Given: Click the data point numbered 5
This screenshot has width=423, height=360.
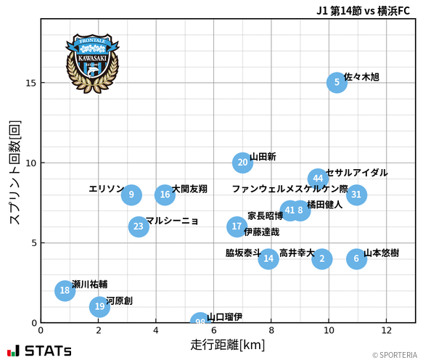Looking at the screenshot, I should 337,83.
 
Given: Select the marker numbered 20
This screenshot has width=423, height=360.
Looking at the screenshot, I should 243,163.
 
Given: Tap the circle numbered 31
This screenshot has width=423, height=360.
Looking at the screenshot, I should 356,195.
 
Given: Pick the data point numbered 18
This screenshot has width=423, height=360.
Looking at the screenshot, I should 65,290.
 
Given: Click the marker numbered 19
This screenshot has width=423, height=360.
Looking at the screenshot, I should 99,306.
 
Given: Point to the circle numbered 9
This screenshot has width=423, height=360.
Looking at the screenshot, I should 131,195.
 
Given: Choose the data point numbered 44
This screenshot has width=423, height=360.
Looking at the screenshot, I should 318,179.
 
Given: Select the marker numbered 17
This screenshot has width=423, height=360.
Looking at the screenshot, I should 237,226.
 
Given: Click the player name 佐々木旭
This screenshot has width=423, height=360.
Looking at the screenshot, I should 361,77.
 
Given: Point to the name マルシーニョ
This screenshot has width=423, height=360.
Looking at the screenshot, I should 172,221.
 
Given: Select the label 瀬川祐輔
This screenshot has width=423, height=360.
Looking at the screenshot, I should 90,285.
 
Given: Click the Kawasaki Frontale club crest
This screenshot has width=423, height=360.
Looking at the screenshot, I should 92,62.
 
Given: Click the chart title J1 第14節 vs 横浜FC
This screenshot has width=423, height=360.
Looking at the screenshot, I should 363,11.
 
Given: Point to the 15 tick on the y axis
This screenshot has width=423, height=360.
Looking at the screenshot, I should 31,83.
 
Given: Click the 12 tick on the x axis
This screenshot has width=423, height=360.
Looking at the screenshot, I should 386,330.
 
